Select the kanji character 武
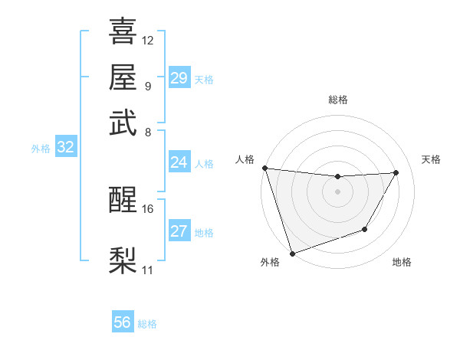[123, 122]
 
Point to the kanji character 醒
[123, 201]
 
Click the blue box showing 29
[179, 78]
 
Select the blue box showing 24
[179, 162]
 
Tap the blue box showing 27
[179, 231]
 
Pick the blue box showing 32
[65, 148]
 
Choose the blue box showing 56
[122, 322]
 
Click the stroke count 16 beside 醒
[148, 208]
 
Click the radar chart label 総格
[337, 100]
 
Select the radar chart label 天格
[431, 159]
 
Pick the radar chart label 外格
[269, 262]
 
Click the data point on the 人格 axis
[264, 168]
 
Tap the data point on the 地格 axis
[365, 229]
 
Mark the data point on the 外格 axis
[292, 253]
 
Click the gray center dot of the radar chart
[337, 191]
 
